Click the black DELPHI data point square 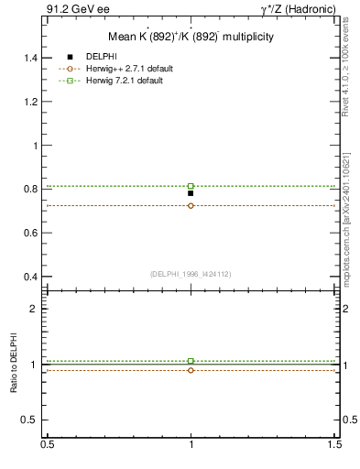tap(191, 193)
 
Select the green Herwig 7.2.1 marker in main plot tap(191, 186)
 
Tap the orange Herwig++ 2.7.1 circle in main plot tap(191, 205)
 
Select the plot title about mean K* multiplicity tap(191, 38)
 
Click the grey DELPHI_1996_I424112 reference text tap(191, 274)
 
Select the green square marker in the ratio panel tap(191, 361)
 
